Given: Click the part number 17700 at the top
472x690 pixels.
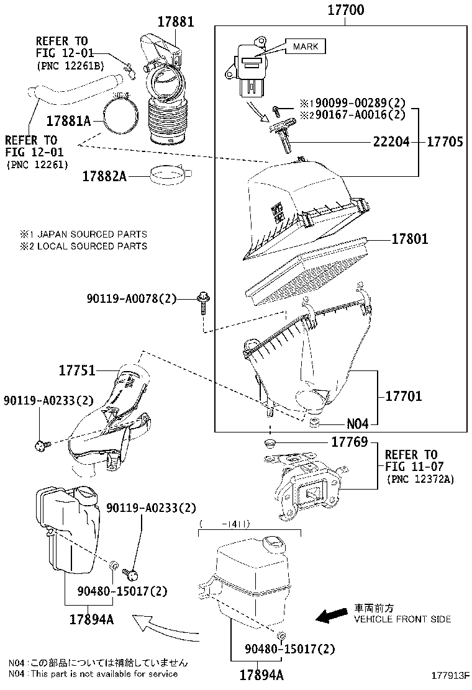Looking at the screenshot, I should pyautogui.click(x=341, y=11).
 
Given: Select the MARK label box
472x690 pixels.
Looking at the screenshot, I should pyautogui.click(x=306, y=47).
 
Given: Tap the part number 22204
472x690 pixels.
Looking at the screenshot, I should pyautogui.click(x=391, y=142).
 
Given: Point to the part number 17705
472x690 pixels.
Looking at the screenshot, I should pyautogui.click(x=445, y=142).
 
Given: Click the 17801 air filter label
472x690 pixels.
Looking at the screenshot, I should pyautogui.click(x=409, y=238).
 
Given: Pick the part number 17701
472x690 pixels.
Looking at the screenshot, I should pyautogui.click(x=403, y=396).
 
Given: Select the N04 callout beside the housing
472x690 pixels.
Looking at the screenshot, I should pyautogui.click(x=357, y=424).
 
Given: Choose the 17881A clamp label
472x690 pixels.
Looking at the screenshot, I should pyautogui.click(x=68, y=120).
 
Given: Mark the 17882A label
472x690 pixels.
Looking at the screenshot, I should pyautogui.click(x=104, y=176).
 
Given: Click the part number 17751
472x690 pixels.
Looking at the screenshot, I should pyautogui.click(x=77, y=371).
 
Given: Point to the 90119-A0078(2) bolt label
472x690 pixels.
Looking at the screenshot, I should pyautogui.click(x=132, y=300).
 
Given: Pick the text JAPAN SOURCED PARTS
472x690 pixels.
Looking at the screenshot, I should pyautogui.click(x=92, y=235).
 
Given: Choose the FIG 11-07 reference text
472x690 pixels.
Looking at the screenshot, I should pyautogui.click(x=411, y=466).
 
